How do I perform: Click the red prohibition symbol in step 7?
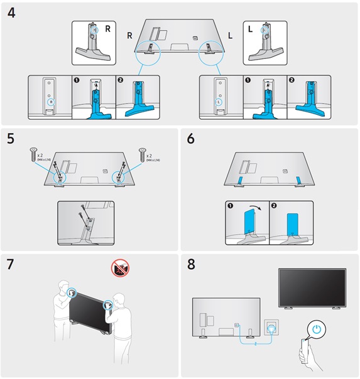coord(119,269)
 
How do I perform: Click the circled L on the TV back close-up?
coord(218,100)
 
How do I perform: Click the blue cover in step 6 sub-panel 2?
coord(291,224)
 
